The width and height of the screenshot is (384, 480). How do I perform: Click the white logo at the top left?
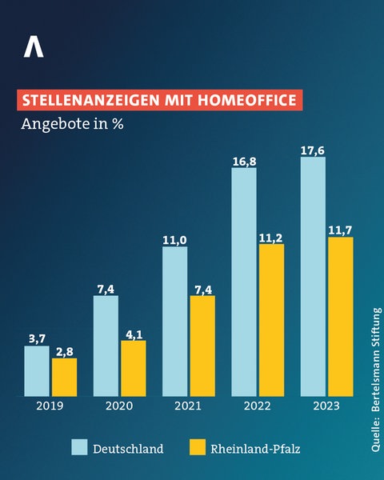[34, 47]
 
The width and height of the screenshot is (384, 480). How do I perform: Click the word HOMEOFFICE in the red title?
[246, 101]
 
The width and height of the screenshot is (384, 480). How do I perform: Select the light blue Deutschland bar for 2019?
[37, 370]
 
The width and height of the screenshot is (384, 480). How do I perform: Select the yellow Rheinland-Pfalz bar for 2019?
[64, 377]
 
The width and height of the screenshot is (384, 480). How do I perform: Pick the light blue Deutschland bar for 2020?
[106, 346]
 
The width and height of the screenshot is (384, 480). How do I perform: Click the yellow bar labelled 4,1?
[133, 368]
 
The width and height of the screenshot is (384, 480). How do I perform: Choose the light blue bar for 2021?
[174, 321]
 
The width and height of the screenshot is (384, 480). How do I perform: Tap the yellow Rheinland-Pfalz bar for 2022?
[271, 319]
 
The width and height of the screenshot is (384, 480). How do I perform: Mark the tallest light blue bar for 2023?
[313, 276]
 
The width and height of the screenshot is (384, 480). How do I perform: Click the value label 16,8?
[244, 160]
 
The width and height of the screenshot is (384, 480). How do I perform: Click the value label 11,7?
[340, 230]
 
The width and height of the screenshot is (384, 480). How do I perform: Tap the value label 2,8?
[64, 351]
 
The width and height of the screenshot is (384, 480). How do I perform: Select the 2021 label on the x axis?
[189, 406]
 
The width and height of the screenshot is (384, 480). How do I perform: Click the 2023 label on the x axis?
[326, 406]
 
